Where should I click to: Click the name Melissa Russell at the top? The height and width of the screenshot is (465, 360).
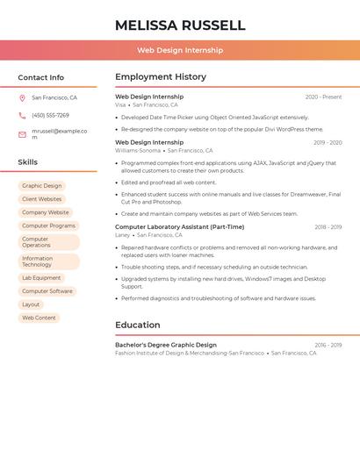pyautogui.click(x=180, y=25)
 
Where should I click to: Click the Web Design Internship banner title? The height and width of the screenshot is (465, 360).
pyautogui.click(x=180, y=50)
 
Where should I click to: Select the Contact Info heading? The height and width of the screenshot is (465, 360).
pyautogui.click(x=41, y=77)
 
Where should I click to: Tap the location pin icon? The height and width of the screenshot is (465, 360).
pyautogui.click(x=22, y=98)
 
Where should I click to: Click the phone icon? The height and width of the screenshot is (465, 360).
pyautogui.click(x=22, y=116)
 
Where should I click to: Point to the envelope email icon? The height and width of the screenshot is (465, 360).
pyautogui.click(x=22, y=134)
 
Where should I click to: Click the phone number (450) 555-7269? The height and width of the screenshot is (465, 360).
pyautogui.click(x=50, y=116)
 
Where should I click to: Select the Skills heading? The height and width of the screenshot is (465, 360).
pyautogui.click(x=28, y=162)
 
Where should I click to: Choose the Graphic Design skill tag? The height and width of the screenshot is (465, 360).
pyautogui.click(x=42, y=186)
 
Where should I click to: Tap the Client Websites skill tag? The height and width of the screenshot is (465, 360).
pyautogui.click(x=42, y=199)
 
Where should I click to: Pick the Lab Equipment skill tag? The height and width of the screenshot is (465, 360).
pyautogui.click(x=41, y=278)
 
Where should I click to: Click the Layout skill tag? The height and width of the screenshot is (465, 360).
pyautogui.click(x=31, y=304)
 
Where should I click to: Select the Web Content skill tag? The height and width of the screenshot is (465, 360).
pyautogui.click(x=39, y=318)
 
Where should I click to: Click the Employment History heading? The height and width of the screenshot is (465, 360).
pyautogui.click(x=161, y=77)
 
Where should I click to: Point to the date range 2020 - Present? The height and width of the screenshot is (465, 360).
pyautogui.click(x=323, y=97)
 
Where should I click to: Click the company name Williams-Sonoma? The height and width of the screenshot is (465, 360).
pyautogui.click(x=138, y=150)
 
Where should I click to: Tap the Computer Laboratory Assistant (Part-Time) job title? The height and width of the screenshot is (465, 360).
pyautogui.click(x=180, y=227)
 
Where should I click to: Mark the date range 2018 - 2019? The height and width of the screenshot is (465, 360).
pyautogui.click(x=328, y=227)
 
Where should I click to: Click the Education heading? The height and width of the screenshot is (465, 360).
pyautogui.click(x=137, y=325)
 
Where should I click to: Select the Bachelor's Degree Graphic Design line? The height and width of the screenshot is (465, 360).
pyautogui.click(x=166, y=345)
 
